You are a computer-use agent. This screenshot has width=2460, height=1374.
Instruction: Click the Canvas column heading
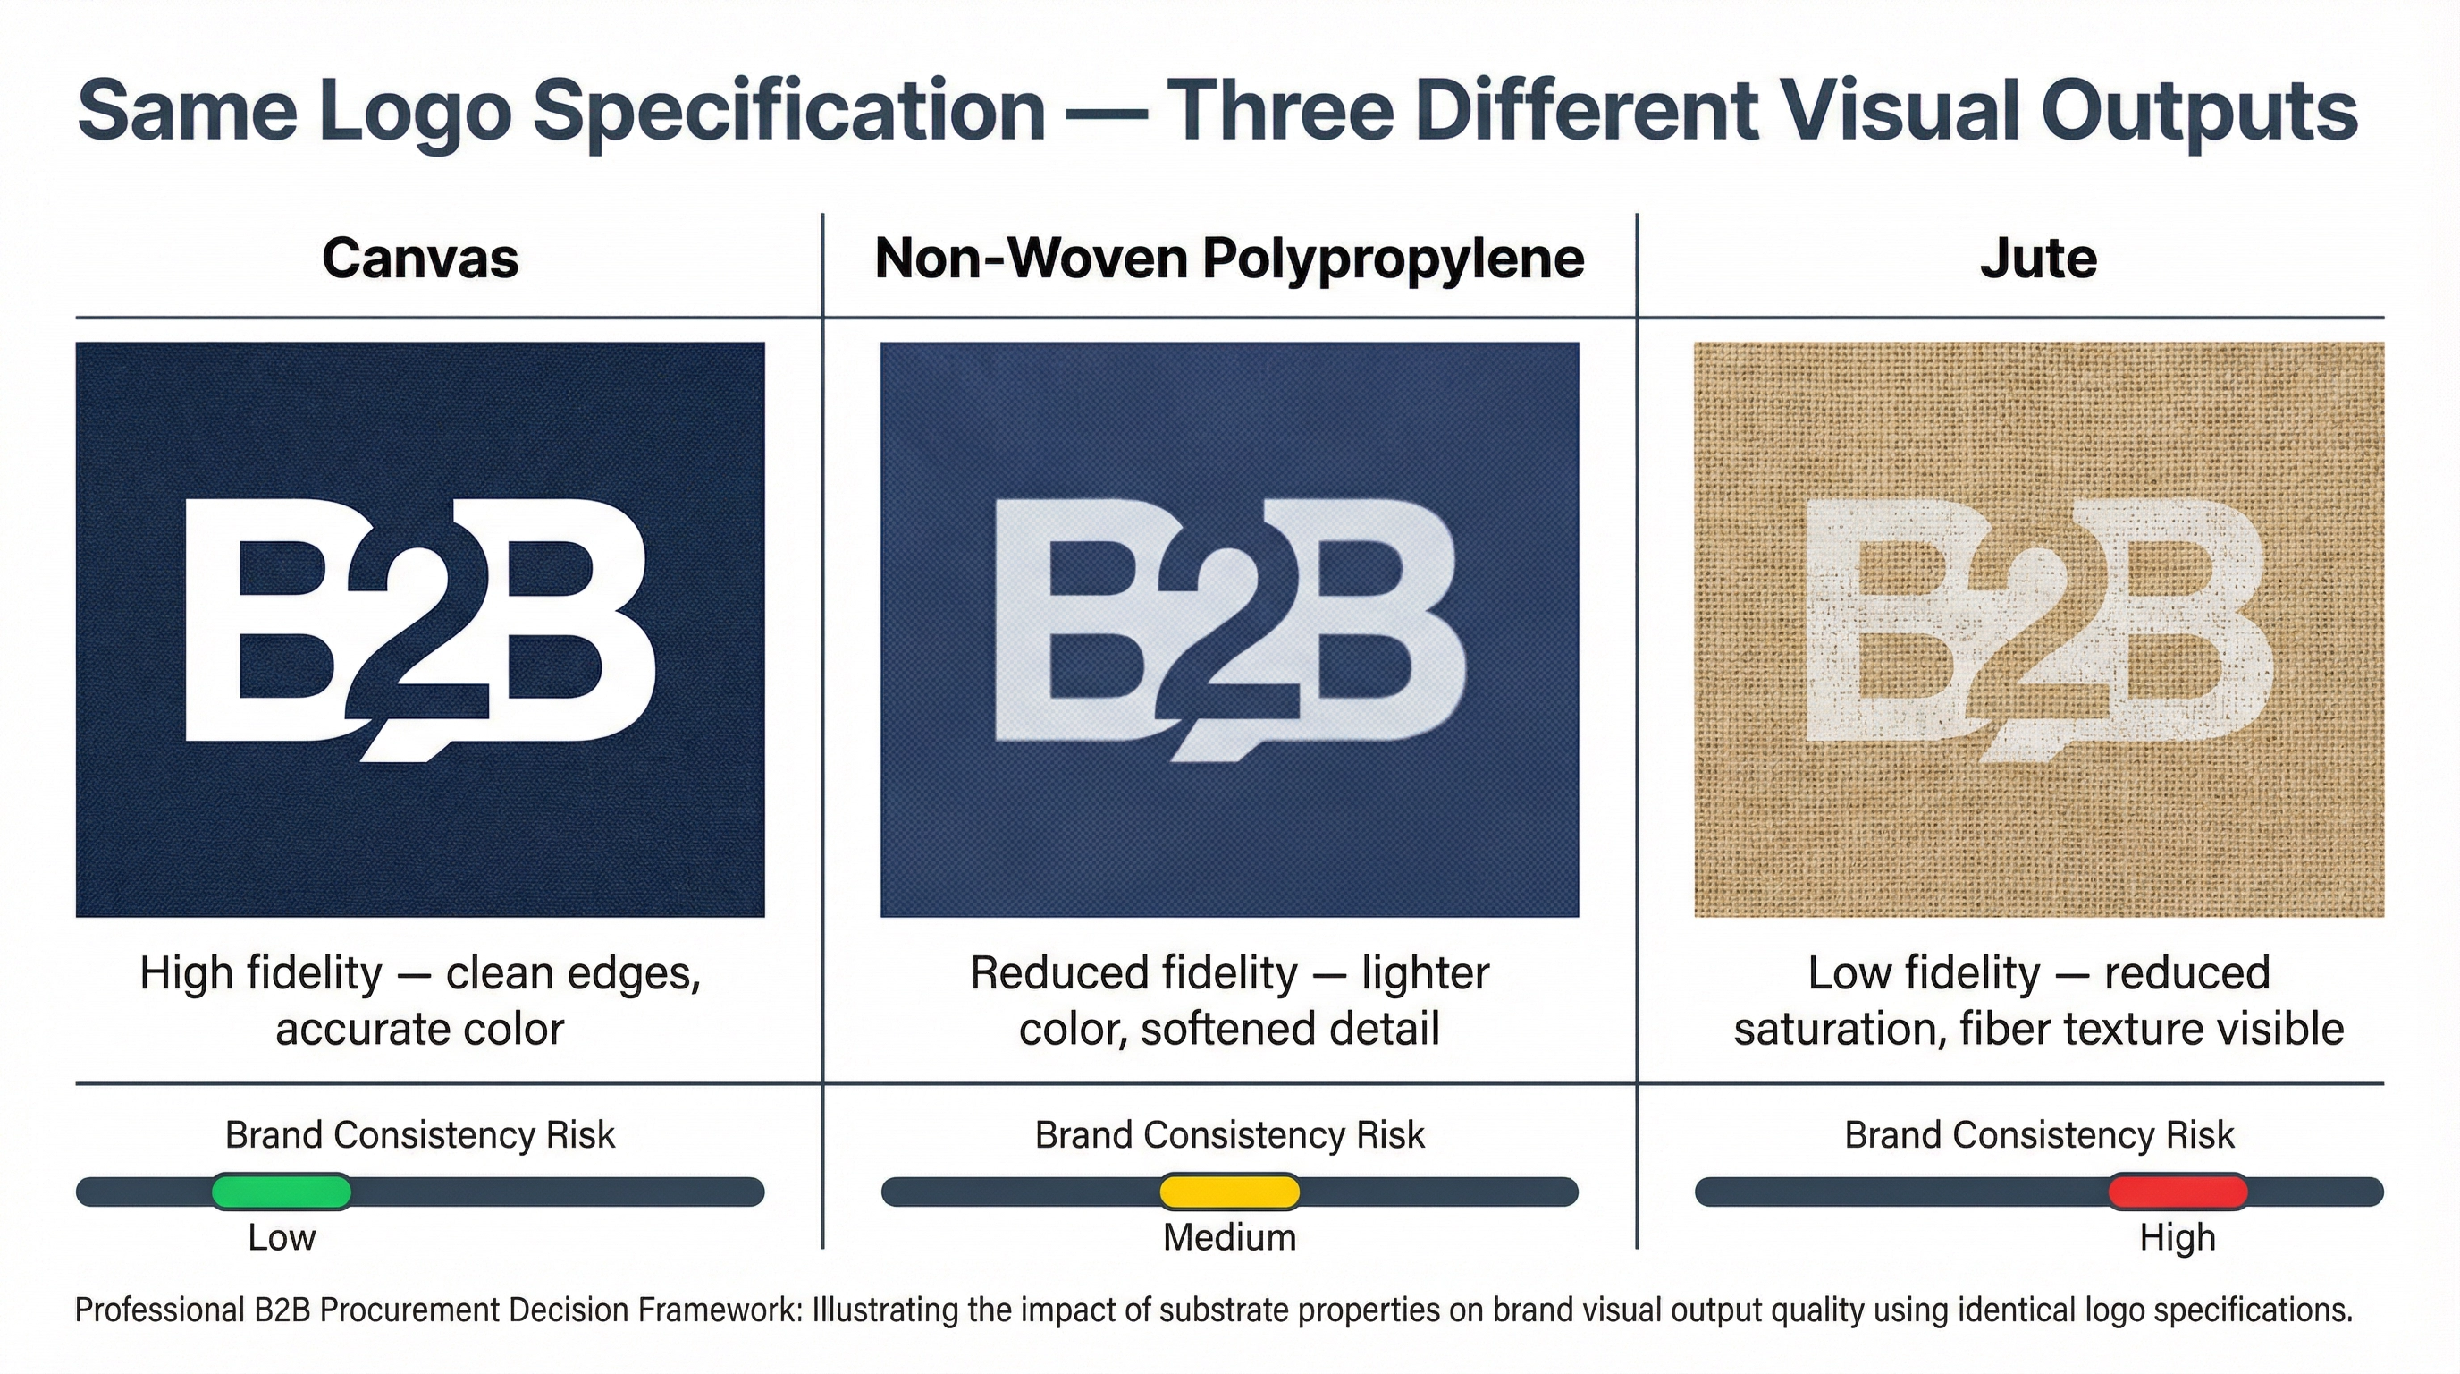click(x=420, y=258)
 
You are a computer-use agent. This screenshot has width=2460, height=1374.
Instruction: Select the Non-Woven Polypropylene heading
click(x=1229, y=258)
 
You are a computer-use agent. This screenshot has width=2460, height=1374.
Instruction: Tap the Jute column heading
click(x=2038, y=258)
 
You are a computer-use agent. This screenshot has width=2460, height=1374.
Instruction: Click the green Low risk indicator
click(x=281, y=1192)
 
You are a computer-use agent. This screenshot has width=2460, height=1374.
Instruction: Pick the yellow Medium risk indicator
click(x=1229, y=1192)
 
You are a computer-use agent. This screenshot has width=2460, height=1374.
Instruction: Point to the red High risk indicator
click(x=2178, y=1192)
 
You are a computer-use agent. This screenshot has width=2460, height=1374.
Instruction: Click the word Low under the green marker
click(x=281, y=1237)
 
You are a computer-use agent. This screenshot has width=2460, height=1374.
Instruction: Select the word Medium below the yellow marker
click(x=1229, y=1237)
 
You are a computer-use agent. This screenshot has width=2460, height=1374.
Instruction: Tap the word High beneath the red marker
click(x=2178, y=1237)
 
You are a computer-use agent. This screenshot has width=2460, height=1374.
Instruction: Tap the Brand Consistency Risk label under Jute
click(x=2039, y=1135)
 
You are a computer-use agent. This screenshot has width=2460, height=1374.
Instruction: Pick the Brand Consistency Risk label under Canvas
click(x=420, y=1135)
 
